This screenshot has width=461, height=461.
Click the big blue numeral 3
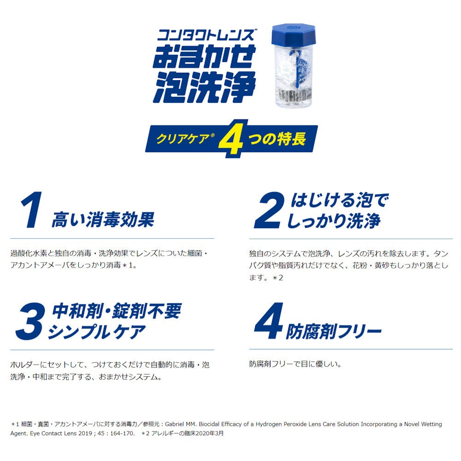pyautogui.click(x=30, y=322)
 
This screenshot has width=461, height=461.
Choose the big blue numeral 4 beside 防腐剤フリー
pyautogui.click(x=268, y=321)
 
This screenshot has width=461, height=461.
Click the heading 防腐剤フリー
pyautogui.click(x=334, y=331)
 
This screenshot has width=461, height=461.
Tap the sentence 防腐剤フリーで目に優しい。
pyautogui.click(x=295, y=364)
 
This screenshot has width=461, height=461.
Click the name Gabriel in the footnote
pyautogui.click(x=177, y=424)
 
